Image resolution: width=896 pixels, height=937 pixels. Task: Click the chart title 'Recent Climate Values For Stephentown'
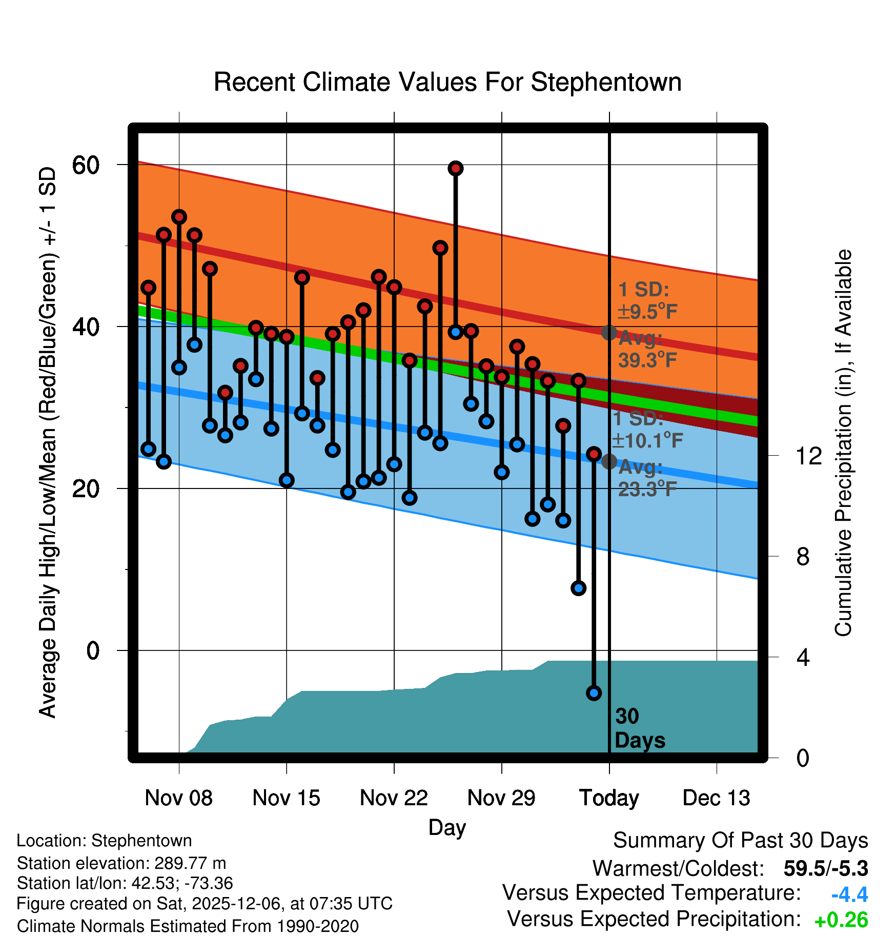pos(447,82)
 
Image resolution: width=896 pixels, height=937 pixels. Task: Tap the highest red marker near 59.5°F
pos(456,168)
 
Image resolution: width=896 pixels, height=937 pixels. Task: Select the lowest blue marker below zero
pos(594,693)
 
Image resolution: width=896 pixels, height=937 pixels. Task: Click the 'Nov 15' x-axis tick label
pos(286,798)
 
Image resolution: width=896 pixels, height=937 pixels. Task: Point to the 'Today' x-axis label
pos(609,798)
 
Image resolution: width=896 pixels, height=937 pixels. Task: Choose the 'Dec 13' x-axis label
pos(716,798)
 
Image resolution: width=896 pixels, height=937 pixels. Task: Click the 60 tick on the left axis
pos(86,165)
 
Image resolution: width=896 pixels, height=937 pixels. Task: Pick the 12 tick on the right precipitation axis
pos(808,456)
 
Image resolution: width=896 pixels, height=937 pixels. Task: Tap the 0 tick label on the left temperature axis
pos(93,650)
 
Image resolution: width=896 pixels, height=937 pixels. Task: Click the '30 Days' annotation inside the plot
pos(639,728)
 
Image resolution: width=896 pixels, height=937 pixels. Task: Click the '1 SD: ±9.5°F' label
pos(647,300)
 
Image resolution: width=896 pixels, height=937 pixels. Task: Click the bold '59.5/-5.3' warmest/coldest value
pos(825,869)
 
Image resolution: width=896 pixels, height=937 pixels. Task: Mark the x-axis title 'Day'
pos(447,827)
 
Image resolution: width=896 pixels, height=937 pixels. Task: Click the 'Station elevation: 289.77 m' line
pos(121,863)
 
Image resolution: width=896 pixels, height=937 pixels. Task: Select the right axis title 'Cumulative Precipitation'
pos(843,443)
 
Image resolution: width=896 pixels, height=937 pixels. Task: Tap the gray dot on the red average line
pos(609,332)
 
